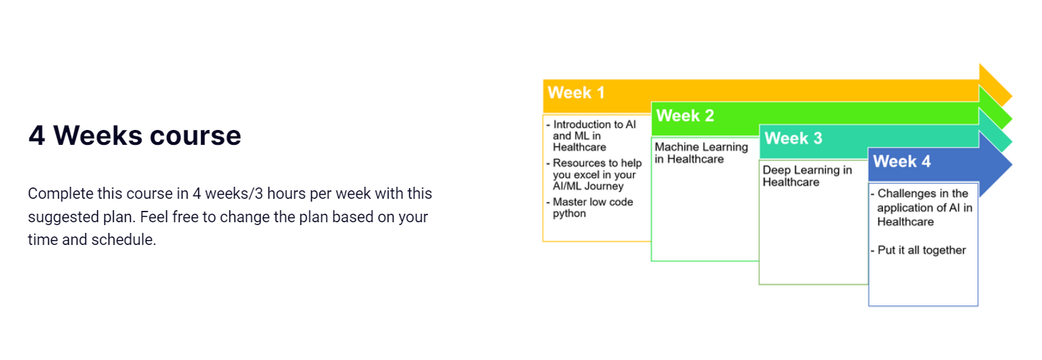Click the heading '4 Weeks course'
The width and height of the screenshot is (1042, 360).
click(x=135, y=136)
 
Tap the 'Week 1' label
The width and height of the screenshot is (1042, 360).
click(x=576, y=92)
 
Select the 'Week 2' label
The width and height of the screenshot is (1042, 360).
click(x=685, y=115)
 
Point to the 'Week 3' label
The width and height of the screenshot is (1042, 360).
click(x=793, y=138)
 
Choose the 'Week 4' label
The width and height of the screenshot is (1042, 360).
click(x=901, y=161)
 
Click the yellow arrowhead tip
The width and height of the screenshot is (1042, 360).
click(x=1012, y=96)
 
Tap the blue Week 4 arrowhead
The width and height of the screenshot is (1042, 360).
click(x=994, y=164)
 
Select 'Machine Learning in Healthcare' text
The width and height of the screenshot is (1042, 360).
click(x=701, y=153)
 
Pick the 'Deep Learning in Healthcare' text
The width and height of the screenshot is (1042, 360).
click(x=807, y=176)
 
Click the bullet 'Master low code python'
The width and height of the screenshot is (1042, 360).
click(x=590, y=207)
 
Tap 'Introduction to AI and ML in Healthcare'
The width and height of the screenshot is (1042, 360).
click(x=591, y=136)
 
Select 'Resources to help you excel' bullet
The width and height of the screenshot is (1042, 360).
click(x=594, y=175)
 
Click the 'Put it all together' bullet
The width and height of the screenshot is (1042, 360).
click(x=918, y=250)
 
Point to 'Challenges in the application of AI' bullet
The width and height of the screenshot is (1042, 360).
click(x=921, y=207)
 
